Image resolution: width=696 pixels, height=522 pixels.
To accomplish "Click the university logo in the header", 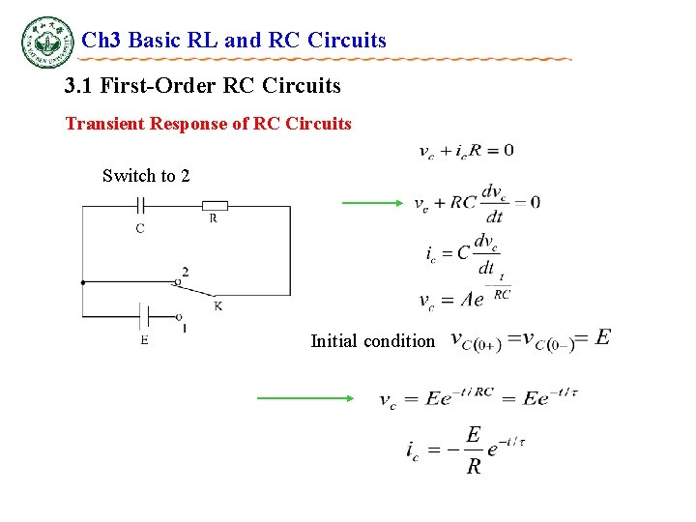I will coord(47,43).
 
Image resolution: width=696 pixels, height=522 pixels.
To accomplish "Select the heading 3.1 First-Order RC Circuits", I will coord(203,86).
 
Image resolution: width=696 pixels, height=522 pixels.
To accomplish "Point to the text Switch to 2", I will coord(146,176).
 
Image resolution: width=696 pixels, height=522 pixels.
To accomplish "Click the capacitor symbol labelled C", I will coord(140,206).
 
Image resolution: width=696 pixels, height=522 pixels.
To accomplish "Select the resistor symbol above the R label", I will coord(215,205).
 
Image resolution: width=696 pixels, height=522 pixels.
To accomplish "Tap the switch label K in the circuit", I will coord(218,306).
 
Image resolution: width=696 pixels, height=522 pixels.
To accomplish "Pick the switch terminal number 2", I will coord(185,272).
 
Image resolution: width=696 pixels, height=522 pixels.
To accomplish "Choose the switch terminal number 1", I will coord(185,329).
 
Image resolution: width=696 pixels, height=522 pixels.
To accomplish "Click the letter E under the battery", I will coord(144,339).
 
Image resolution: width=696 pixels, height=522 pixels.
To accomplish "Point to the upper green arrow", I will coord(372,203).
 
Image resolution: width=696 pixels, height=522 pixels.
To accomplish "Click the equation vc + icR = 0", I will coord(465,151).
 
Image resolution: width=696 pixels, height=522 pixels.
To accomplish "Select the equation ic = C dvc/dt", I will coord(461,254).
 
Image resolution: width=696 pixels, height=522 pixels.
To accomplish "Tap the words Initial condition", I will coord(372,340).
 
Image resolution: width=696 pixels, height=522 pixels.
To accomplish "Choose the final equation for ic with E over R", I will coord(465,450).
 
